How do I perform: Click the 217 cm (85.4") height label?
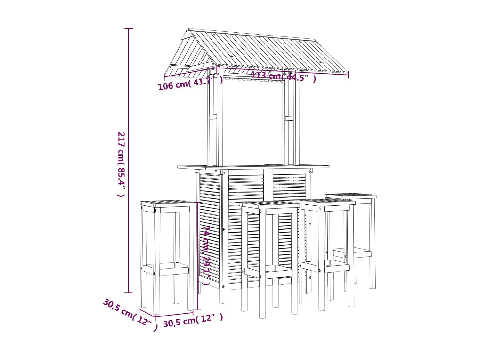point(121,164)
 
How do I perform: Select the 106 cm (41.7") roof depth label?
point(190,84)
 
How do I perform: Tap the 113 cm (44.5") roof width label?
point(284,76)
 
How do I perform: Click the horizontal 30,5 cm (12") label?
point(193,320)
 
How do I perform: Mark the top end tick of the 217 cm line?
point(129,28)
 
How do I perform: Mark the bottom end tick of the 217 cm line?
point(129,292)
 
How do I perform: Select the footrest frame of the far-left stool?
point(166,269)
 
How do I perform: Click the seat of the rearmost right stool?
point(350,196)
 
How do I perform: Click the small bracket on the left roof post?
point(213,116)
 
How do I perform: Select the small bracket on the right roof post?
point(289,118)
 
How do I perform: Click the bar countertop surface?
point(253,167)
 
